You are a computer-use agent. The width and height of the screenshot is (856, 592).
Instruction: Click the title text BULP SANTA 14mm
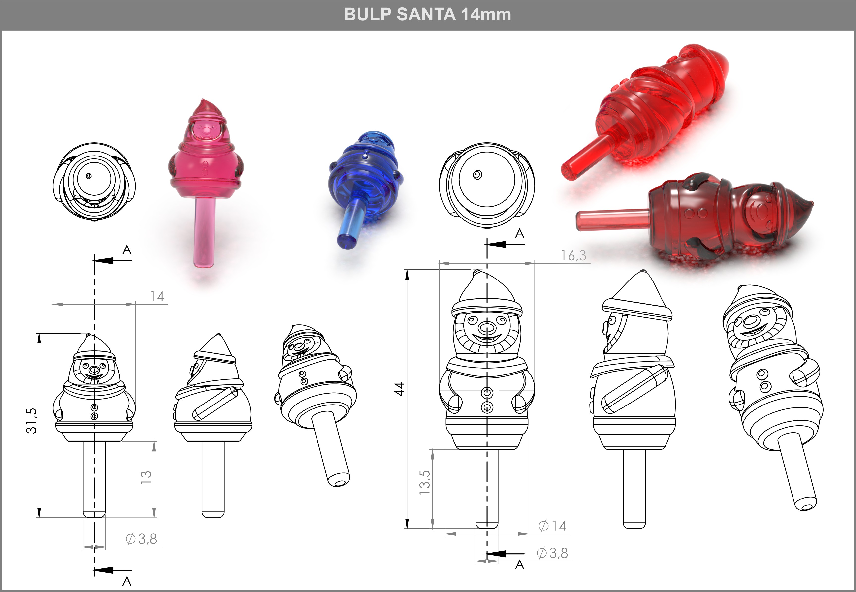[427, 15]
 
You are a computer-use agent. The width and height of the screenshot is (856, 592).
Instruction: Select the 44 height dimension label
[399, 389]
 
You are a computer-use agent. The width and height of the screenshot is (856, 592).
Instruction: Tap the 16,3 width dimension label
[573, 255]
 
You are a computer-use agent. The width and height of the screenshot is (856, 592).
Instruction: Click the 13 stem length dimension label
[146, 477]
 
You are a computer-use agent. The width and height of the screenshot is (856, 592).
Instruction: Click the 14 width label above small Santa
[157, 296]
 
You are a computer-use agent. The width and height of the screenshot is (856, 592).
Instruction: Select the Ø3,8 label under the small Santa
[141, 539]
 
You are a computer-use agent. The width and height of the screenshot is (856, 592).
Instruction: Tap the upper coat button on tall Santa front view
[487, 392]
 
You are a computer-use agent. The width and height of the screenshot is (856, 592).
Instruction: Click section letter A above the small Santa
[127, 250]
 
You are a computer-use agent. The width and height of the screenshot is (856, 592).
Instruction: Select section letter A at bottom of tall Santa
[520, 565]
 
